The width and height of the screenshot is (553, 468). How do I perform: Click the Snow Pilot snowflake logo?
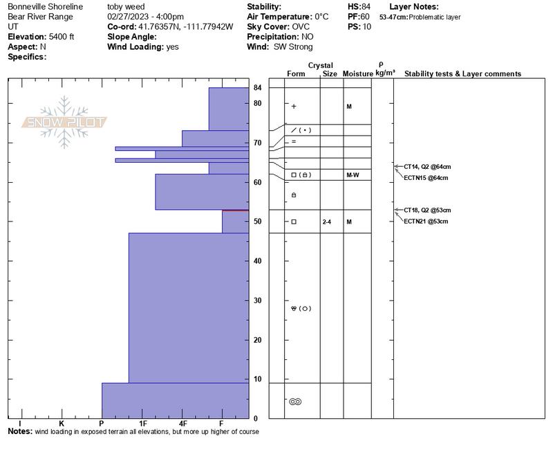point(64,122)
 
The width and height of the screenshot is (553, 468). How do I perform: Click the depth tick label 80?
point(257,103)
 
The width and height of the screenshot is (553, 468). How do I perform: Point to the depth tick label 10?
point(257,379)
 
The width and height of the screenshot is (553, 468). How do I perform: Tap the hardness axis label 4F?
point(182,423)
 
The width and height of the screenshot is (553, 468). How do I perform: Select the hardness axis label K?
point(62,423)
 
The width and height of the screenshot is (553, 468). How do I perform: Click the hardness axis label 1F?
point(142,423)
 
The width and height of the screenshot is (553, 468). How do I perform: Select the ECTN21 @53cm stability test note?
point(427,222)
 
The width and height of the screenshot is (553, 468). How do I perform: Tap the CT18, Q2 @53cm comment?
point(427,210)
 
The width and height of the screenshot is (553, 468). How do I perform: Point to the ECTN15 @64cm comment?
point(427,178)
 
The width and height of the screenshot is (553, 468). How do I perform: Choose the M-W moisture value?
point(353,175)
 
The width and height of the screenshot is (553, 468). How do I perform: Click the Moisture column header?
point(357,74)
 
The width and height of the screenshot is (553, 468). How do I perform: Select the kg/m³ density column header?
point(385,73)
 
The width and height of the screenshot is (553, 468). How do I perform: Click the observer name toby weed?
point(126,6)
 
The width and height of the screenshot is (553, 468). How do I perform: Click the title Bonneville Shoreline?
point(45,6)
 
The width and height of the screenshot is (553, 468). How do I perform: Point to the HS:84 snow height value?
point(360,6)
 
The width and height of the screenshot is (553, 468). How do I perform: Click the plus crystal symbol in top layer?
point(294,107)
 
